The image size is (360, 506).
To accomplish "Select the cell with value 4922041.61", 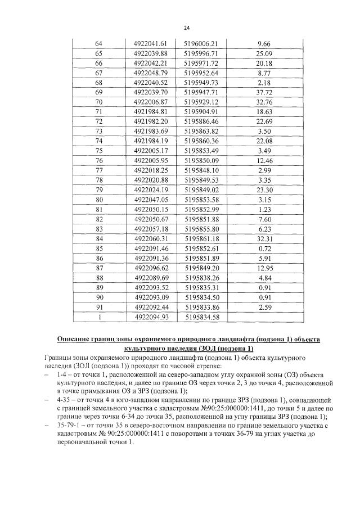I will click(151, 43).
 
